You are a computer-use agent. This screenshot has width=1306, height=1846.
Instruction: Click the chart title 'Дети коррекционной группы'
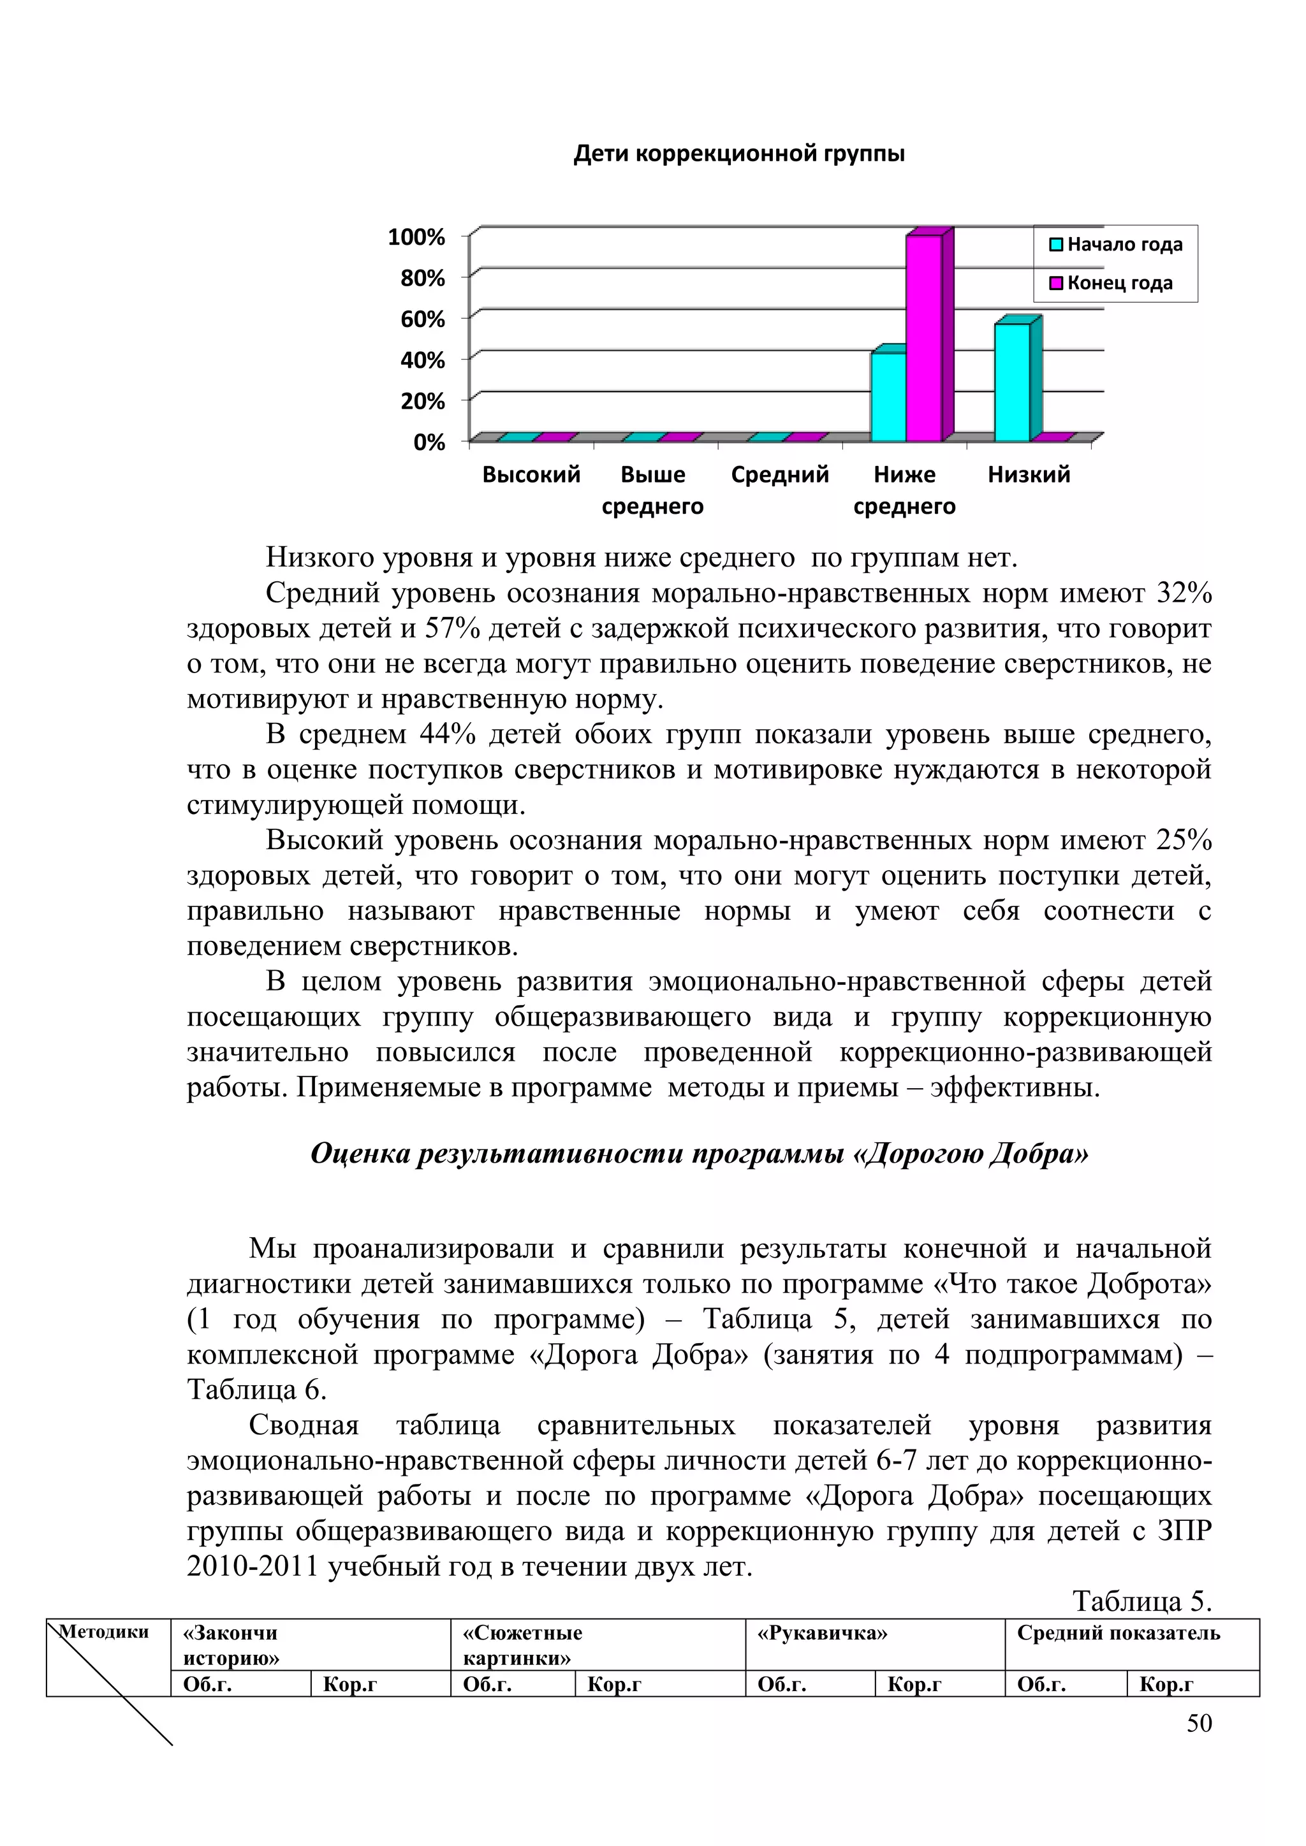pos(739,154)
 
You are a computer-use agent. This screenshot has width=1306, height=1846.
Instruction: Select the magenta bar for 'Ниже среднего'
pos(923,338)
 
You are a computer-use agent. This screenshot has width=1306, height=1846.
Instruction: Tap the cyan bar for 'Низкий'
pos(1011,382)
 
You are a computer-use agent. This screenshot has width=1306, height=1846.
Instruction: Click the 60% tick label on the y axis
pos(423,319)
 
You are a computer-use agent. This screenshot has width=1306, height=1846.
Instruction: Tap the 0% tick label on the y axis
pos(429,442)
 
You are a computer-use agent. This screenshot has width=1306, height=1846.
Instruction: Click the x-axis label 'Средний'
pos(779,474)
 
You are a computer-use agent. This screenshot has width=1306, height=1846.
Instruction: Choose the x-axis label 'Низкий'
pos(1029,474)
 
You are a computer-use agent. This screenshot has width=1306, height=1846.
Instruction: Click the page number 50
pos(1199,1722)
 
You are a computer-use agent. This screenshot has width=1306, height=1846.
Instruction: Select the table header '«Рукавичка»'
pos(822,1633)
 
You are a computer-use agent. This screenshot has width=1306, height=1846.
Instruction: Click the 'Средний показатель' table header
pos(1118,1633)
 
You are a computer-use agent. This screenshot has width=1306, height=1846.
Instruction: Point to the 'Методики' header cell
pos(105,1631)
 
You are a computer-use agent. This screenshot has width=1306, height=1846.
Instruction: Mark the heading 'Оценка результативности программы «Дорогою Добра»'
pos(700,1154)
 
